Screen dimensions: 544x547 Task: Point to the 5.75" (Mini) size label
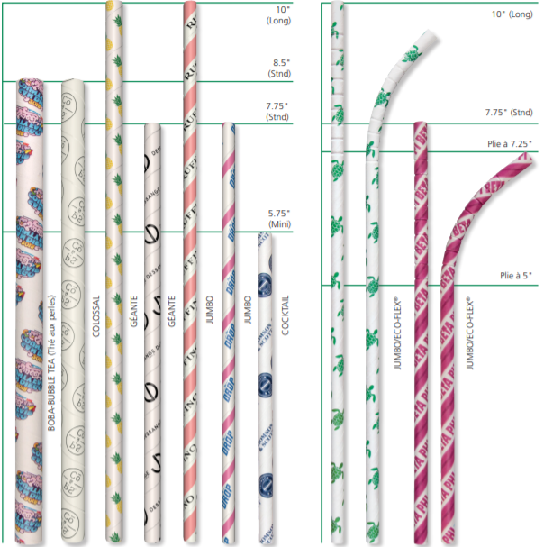(x=280, y=219)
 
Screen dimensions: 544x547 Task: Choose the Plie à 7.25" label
(x=507, y=143)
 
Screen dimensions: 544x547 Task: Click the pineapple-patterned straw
(x=114, y=270)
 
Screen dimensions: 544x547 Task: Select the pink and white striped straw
(x=190, y=270)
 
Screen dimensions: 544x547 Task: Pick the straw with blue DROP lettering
(x=229, y=333)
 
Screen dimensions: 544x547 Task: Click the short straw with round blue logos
(x=265, y=387)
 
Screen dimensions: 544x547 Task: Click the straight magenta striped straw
(x=420, y=333)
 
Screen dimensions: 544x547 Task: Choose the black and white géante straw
(x=152, y=333)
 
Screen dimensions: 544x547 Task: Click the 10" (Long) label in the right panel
(x=512, y=14)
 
